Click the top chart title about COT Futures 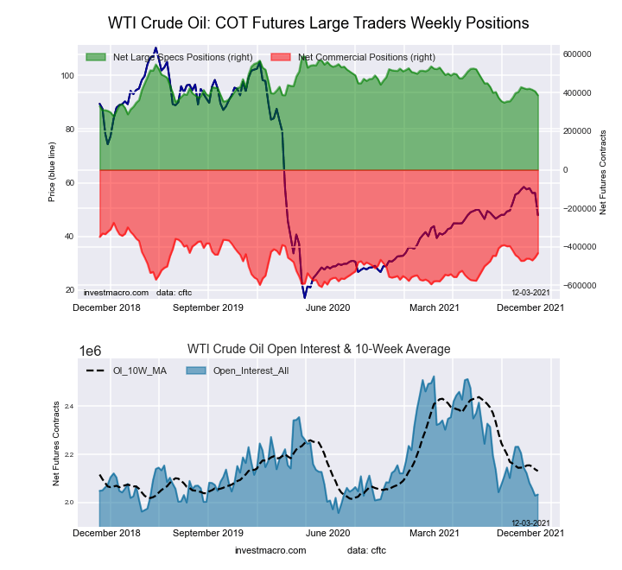(318, 22)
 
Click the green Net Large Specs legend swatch (95, 57)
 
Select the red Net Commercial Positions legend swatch (280, 57)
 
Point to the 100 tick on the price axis (67, 76)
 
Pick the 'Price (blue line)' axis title (54, 170)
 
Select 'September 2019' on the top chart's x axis (208, 307)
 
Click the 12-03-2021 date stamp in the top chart (530, 293)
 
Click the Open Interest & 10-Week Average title (319, 349)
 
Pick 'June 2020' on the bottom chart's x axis (327, 533)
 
